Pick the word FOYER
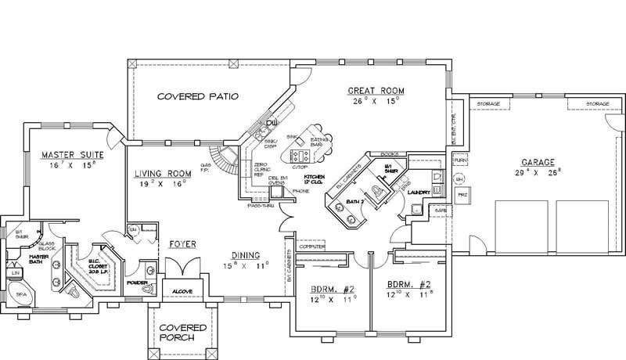point(182,245)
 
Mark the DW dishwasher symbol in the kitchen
point(272,123)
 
